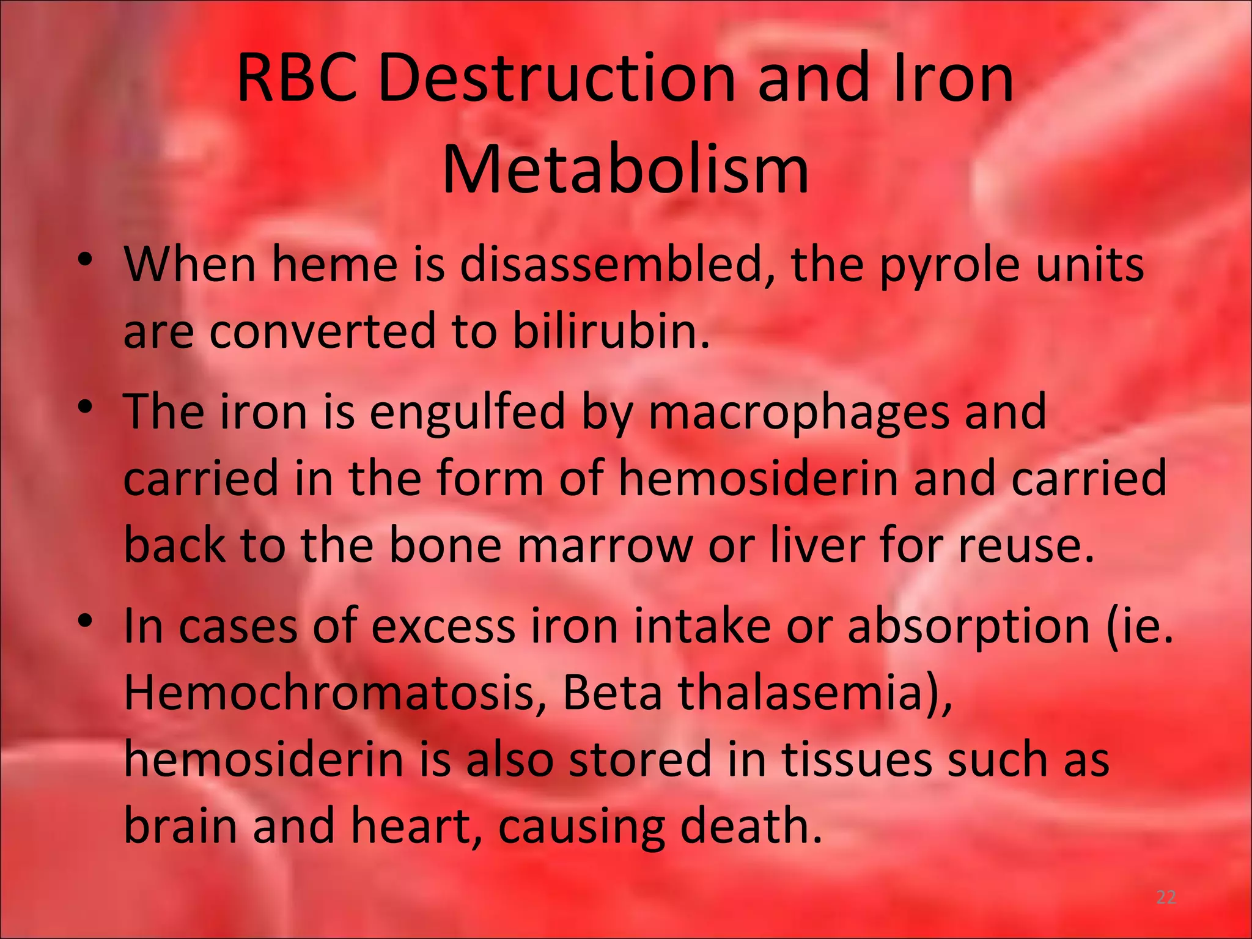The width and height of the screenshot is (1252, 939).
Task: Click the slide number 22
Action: [x=1166, y=897]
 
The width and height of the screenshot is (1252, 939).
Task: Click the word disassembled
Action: [x=617, y=265]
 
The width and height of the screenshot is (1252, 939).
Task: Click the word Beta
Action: [x=612, y=693]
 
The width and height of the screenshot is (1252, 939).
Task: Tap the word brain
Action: [x=181, y=825]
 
